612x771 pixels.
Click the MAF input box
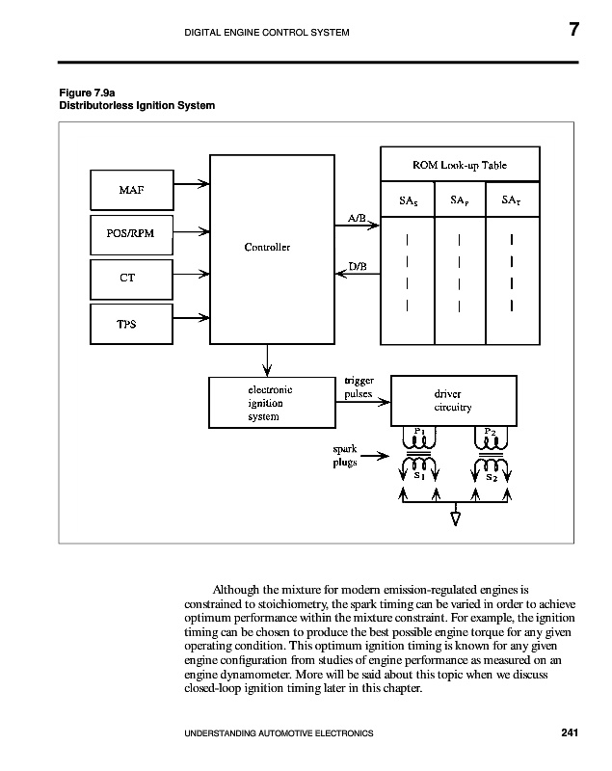132,189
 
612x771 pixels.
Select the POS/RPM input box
132,232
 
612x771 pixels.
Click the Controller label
267,248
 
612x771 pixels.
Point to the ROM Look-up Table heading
460,165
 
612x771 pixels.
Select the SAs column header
408,201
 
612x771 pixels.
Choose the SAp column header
460,201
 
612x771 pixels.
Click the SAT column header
512,201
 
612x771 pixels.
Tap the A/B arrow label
356,218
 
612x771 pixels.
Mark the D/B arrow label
356,265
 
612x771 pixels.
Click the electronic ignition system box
264,403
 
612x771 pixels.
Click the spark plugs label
345,456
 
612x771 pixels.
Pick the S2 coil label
492,477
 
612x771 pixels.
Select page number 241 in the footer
569,733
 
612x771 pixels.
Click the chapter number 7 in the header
572,30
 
